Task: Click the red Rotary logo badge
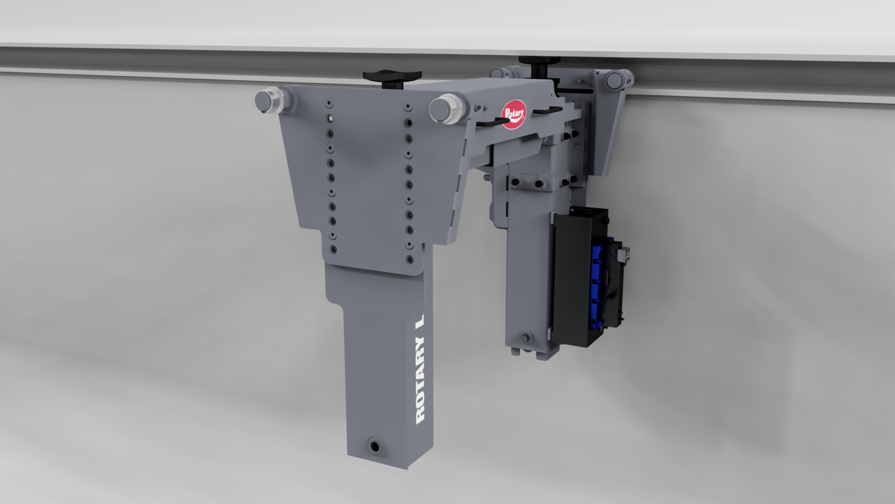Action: tap(513, 114)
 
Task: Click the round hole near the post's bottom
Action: tap(374, 446)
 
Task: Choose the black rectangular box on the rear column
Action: tap(578, 275)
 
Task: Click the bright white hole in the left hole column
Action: tap(330, 119)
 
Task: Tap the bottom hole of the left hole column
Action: tap(333, 250)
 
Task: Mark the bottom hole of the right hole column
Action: tap(410, 259)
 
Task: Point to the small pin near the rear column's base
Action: tap(526, 337)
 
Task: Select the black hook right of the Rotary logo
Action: tap(548, 111)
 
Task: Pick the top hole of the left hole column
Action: tap(329, 104)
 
